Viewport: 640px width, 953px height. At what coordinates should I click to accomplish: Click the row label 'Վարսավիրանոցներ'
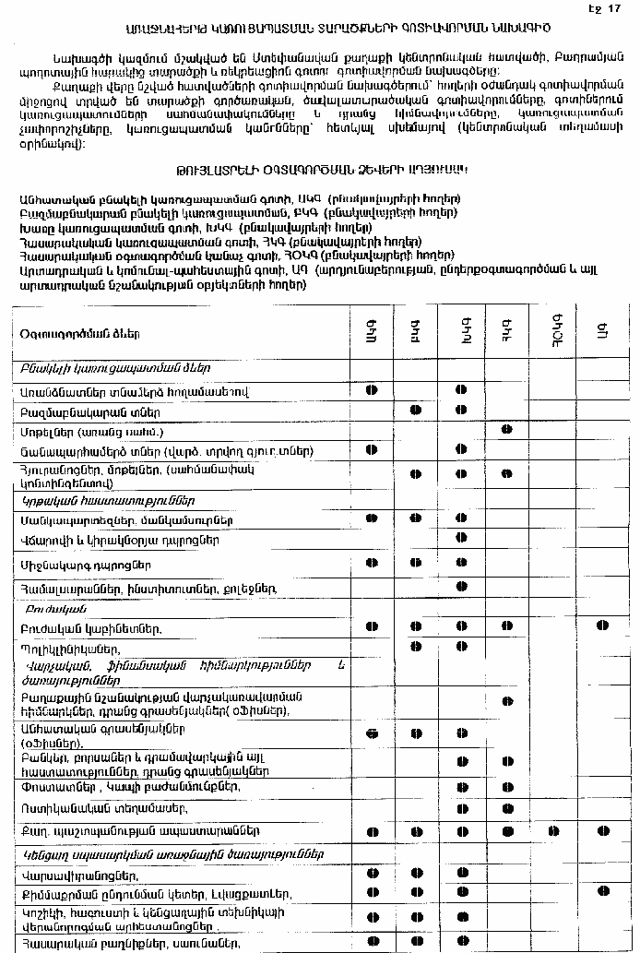[x=68, y=874]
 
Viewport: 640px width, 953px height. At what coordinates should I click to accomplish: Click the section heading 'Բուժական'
[x=47, y=608]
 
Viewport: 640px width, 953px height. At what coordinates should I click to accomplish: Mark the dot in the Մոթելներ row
[x=506, y=430]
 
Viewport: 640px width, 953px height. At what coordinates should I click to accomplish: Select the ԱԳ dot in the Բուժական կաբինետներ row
[x=602, y=626]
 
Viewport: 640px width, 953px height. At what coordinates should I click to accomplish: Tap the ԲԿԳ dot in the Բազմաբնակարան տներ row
[x=416, y=409]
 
